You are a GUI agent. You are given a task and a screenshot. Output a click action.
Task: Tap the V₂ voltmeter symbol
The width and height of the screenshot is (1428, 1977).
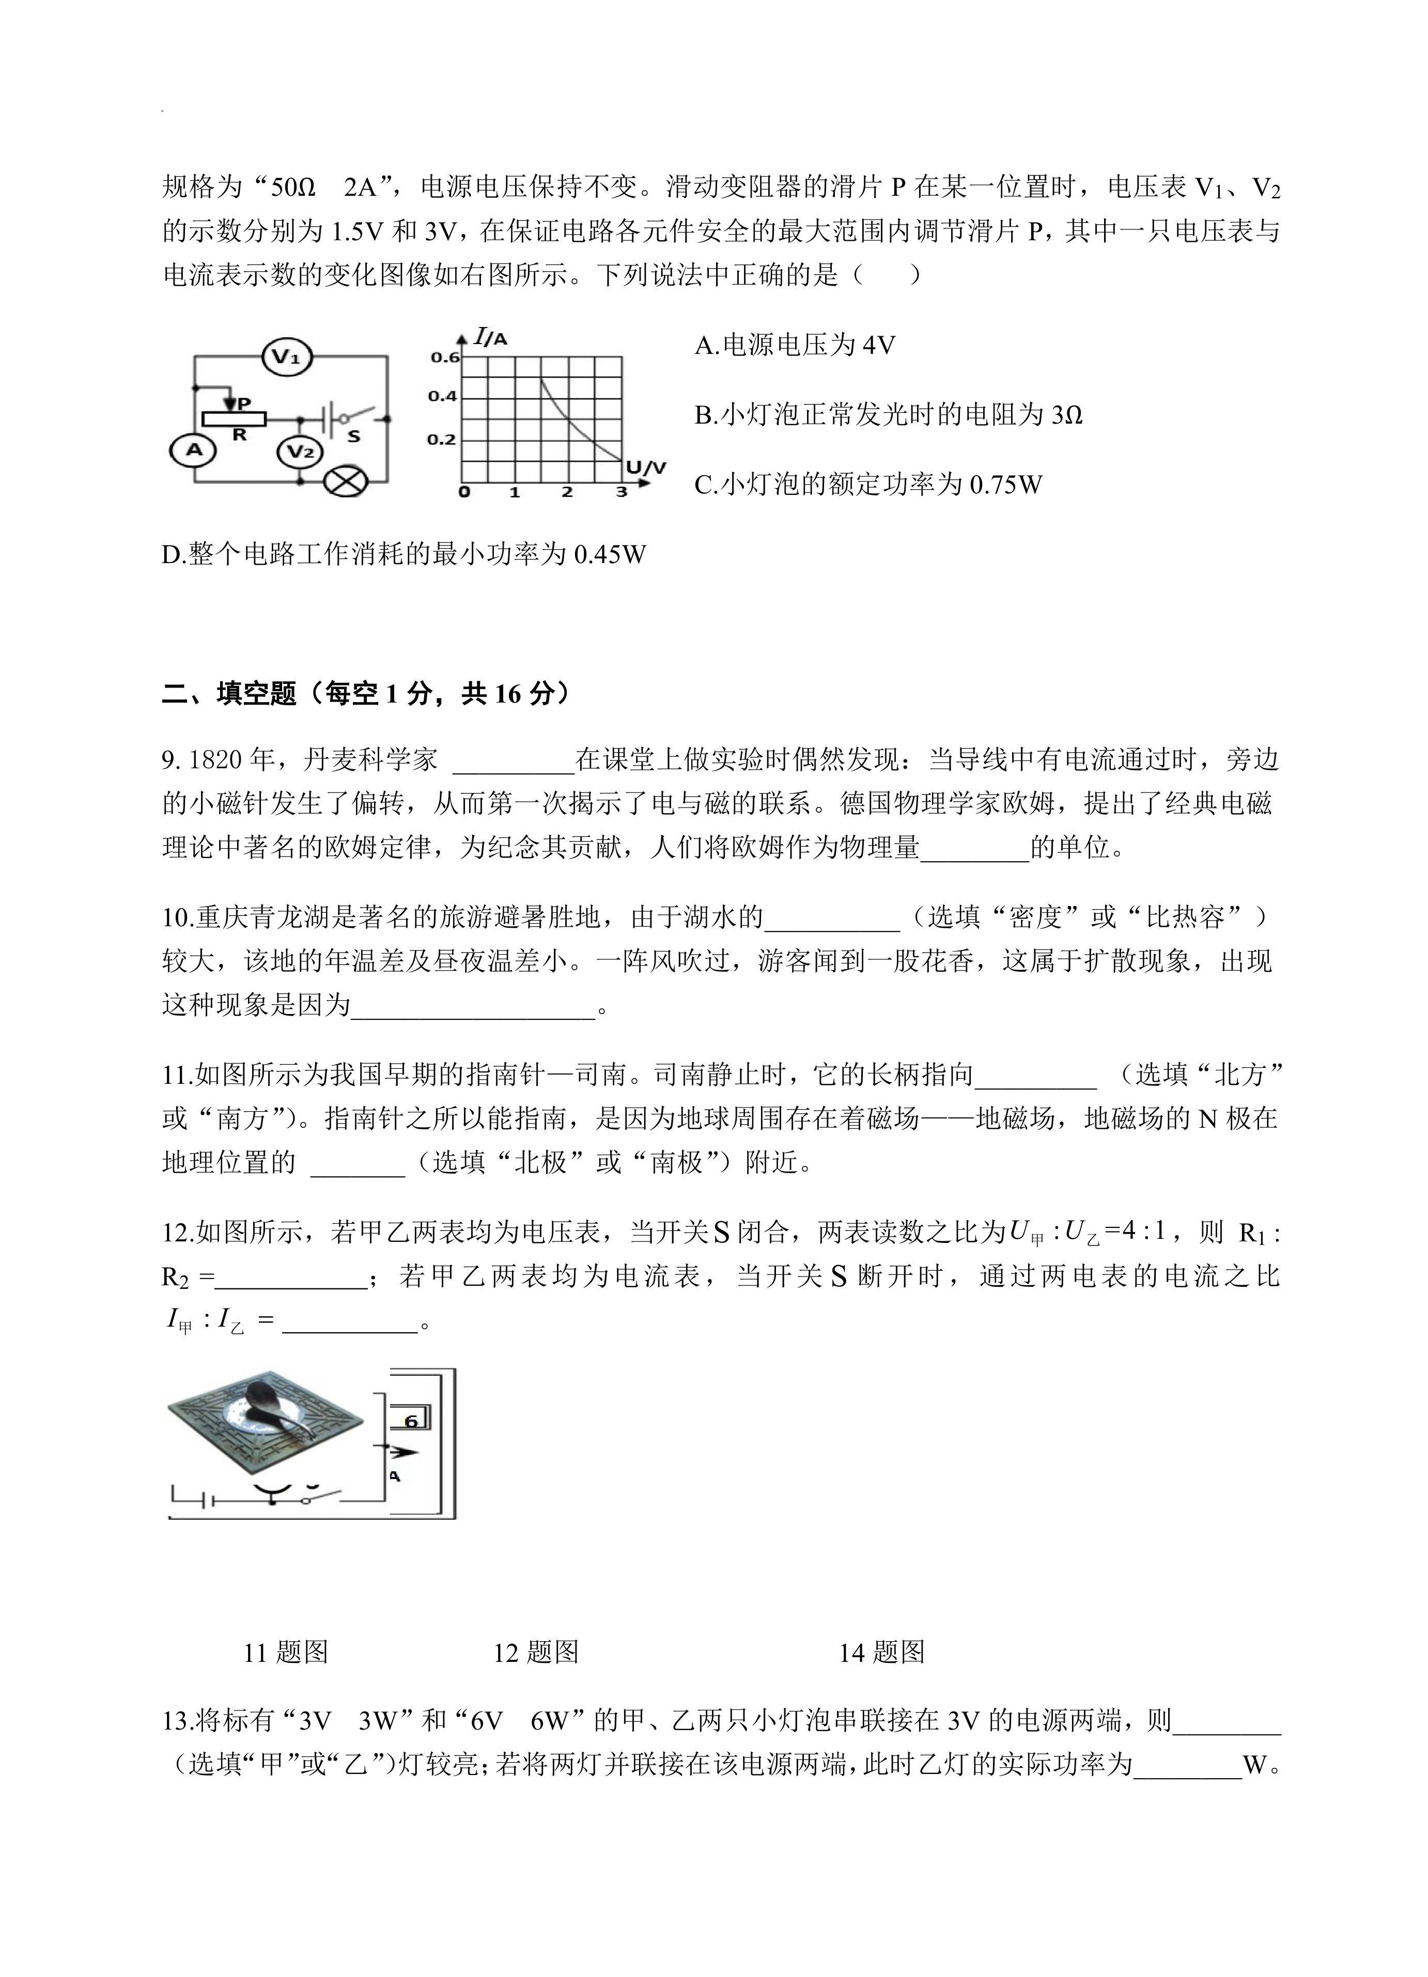click(x=300, y=452)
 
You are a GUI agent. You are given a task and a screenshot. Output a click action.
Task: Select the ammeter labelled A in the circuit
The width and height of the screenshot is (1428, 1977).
click(x=194, y=450)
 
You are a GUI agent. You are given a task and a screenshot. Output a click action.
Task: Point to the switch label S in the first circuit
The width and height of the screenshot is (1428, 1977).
click(x=353, y=436)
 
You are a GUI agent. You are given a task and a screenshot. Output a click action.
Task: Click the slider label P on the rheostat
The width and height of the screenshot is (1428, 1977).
click(x=244, y=403)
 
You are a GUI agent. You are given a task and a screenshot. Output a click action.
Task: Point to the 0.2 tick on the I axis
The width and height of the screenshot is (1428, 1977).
click(x=442, y=439)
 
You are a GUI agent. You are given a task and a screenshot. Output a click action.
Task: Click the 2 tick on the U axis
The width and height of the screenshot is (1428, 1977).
click(x=568, y=492)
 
